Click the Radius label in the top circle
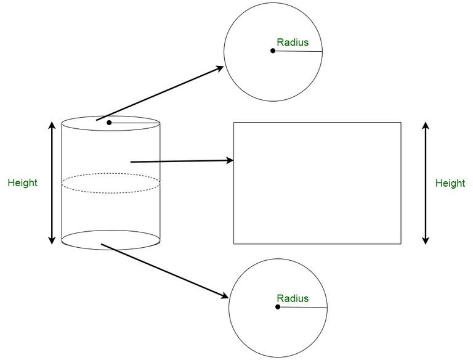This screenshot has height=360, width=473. point(293,43)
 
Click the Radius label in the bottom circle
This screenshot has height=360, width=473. point(293,298)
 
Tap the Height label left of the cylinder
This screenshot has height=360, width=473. point(22,182)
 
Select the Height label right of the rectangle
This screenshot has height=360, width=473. point(450,183)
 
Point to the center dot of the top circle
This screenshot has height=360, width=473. point(273,51)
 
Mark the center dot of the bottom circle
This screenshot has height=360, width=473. point(278,307)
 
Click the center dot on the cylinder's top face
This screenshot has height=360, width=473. point(109,123)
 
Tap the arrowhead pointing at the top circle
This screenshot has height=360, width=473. point(219,68)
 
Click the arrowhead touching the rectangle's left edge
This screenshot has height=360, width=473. point(230,160)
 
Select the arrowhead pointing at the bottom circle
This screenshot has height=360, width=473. point(224,295)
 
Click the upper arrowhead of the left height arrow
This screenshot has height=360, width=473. point(52,125)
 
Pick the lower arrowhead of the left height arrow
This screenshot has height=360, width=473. point(52,240)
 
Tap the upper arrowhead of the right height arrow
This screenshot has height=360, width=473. point(426,126)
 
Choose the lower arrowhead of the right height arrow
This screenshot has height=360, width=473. point(426,240)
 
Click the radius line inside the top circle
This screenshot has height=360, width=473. point(297,51)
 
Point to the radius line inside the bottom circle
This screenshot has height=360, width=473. point(302,308)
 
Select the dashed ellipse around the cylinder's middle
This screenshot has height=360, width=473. point(111,173)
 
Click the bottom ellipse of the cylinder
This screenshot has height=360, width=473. point(111,250)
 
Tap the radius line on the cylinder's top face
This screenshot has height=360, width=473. point(134,123)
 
